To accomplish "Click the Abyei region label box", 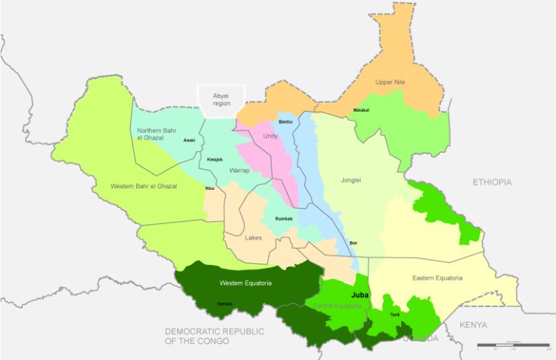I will click(221, 99).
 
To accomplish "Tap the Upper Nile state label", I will click(390, 83).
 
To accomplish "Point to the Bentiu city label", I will click(286, 121).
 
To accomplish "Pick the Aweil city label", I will click(190, 140).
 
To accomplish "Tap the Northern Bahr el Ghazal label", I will click(156, 134).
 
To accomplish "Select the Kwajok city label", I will click(214, 159).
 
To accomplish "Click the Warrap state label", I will click(240, 171).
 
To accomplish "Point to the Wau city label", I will click(210, 188).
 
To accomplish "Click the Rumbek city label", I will click(284, 219).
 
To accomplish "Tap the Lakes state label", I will click(253, 238).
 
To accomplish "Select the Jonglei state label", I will click(350, 181).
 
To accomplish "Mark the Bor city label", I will click(353, 243).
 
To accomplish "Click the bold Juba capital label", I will click(360, 296).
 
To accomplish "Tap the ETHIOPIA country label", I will click(492, 182).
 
